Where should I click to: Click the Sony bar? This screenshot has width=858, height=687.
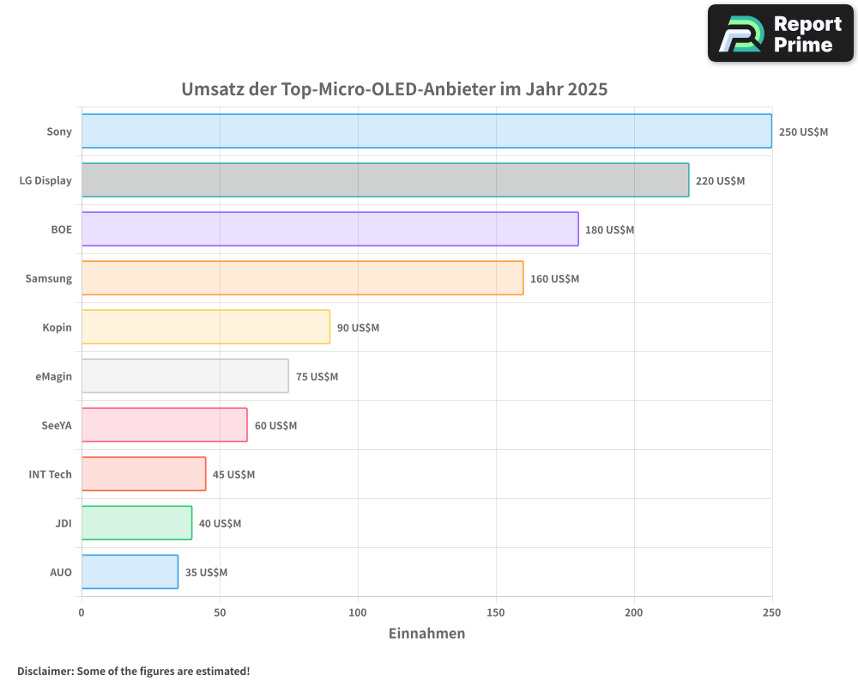coord(426,131)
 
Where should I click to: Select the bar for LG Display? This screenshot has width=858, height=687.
coord(385,180)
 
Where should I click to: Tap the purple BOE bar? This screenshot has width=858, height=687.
coord(330,229)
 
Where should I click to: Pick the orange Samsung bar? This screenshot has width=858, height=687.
coord(302,278)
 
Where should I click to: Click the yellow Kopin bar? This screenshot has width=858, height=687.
coord(206,327)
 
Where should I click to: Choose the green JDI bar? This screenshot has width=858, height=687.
coord(136,523)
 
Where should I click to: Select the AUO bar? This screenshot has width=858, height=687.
coord(130,572)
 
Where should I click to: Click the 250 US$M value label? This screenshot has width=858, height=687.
coord(803,132)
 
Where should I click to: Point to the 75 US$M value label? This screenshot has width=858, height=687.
coord(317,377)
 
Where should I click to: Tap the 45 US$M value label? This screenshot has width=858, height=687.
coord(233,475)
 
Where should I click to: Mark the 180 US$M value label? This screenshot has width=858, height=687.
coord(609,230)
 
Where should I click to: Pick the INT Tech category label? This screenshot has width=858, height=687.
coord(51,474)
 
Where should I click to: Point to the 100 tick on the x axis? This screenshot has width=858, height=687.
coord(358,612)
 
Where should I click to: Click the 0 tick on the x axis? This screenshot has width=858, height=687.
coord(82,612)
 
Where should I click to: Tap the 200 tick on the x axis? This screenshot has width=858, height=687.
coord(634,612)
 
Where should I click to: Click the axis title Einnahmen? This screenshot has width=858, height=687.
coord(426,634)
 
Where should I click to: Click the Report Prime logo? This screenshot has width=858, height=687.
coord(780,33)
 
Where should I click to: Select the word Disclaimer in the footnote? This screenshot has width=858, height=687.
coord(44,672)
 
